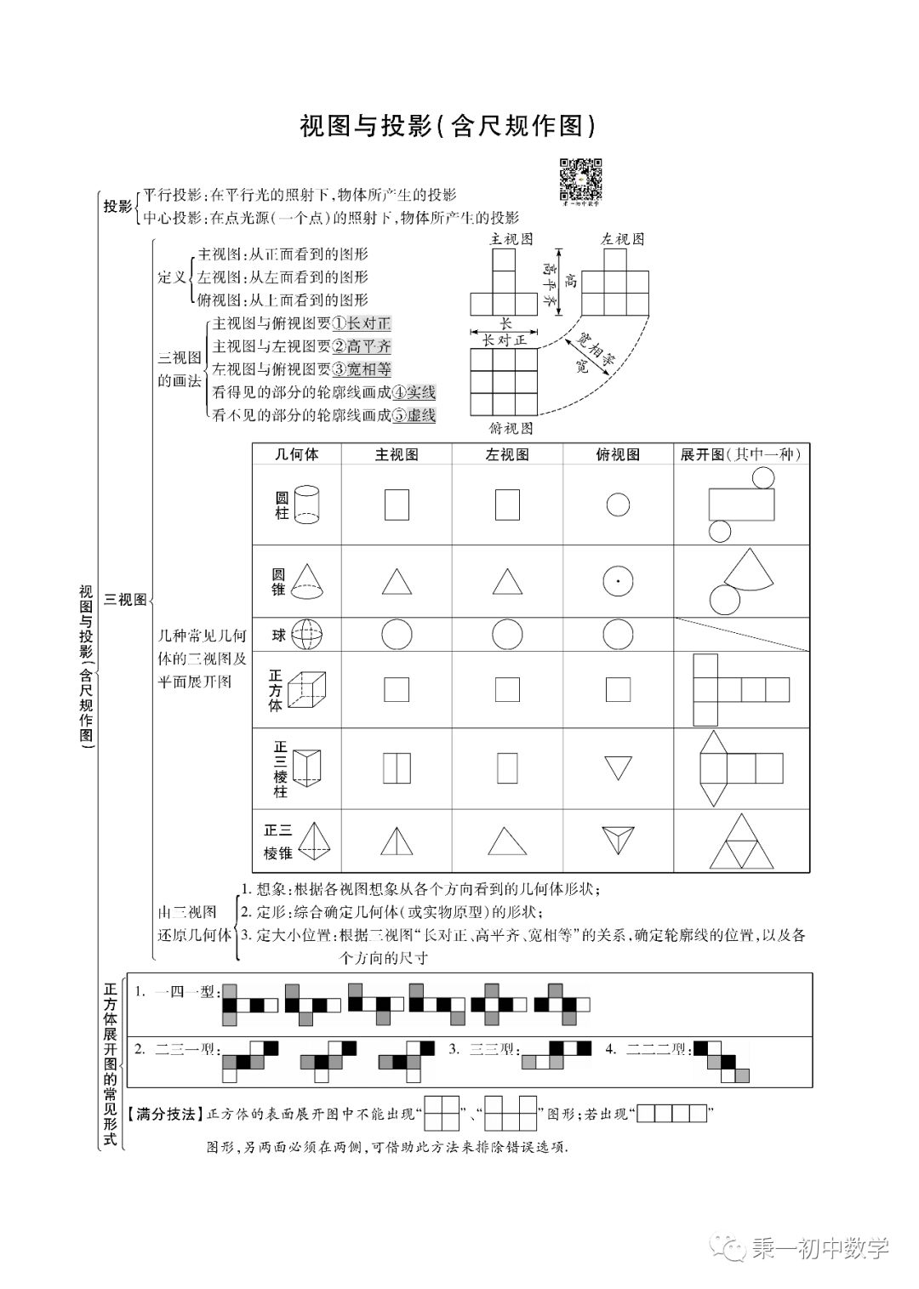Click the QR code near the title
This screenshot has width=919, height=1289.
click(x=581, y=180)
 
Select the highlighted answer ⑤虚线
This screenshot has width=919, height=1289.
click(x=413, y=415)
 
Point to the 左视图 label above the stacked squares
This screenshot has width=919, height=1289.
click(x=622, y=239)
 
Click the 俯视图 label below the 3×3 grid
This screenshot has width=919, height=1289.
click(x=511, y=427)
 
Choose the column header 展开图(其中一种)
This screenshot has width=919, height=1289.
click(x=740, y=454)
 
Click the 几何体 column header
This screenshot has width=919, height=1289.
click(x=296, y=454)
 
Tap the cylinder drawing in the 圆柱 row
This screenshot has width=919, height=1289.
click(x=305, y=505)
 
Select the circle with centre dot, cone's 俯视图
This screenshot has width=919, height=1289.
click(x=618, y=582)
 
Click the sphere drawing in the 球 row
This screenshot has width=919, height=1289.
click(x=307, y=635)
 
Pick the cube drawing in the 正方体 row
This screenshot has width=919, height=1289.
click(x=307, y=688)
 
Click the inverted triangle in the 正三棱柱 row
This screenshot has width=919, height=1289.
click(x=618, y=768)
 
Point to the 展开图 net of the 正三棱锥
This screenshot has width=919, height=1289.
click(x=741, y=841)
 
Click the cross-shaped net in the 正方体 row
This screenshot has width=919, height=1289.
click(x=741, y=689)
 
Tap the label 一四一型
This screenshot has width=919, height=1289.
click(x=185, y=991)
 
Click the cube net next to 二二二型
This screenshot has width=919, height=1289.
click(x=722, y=1061)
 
